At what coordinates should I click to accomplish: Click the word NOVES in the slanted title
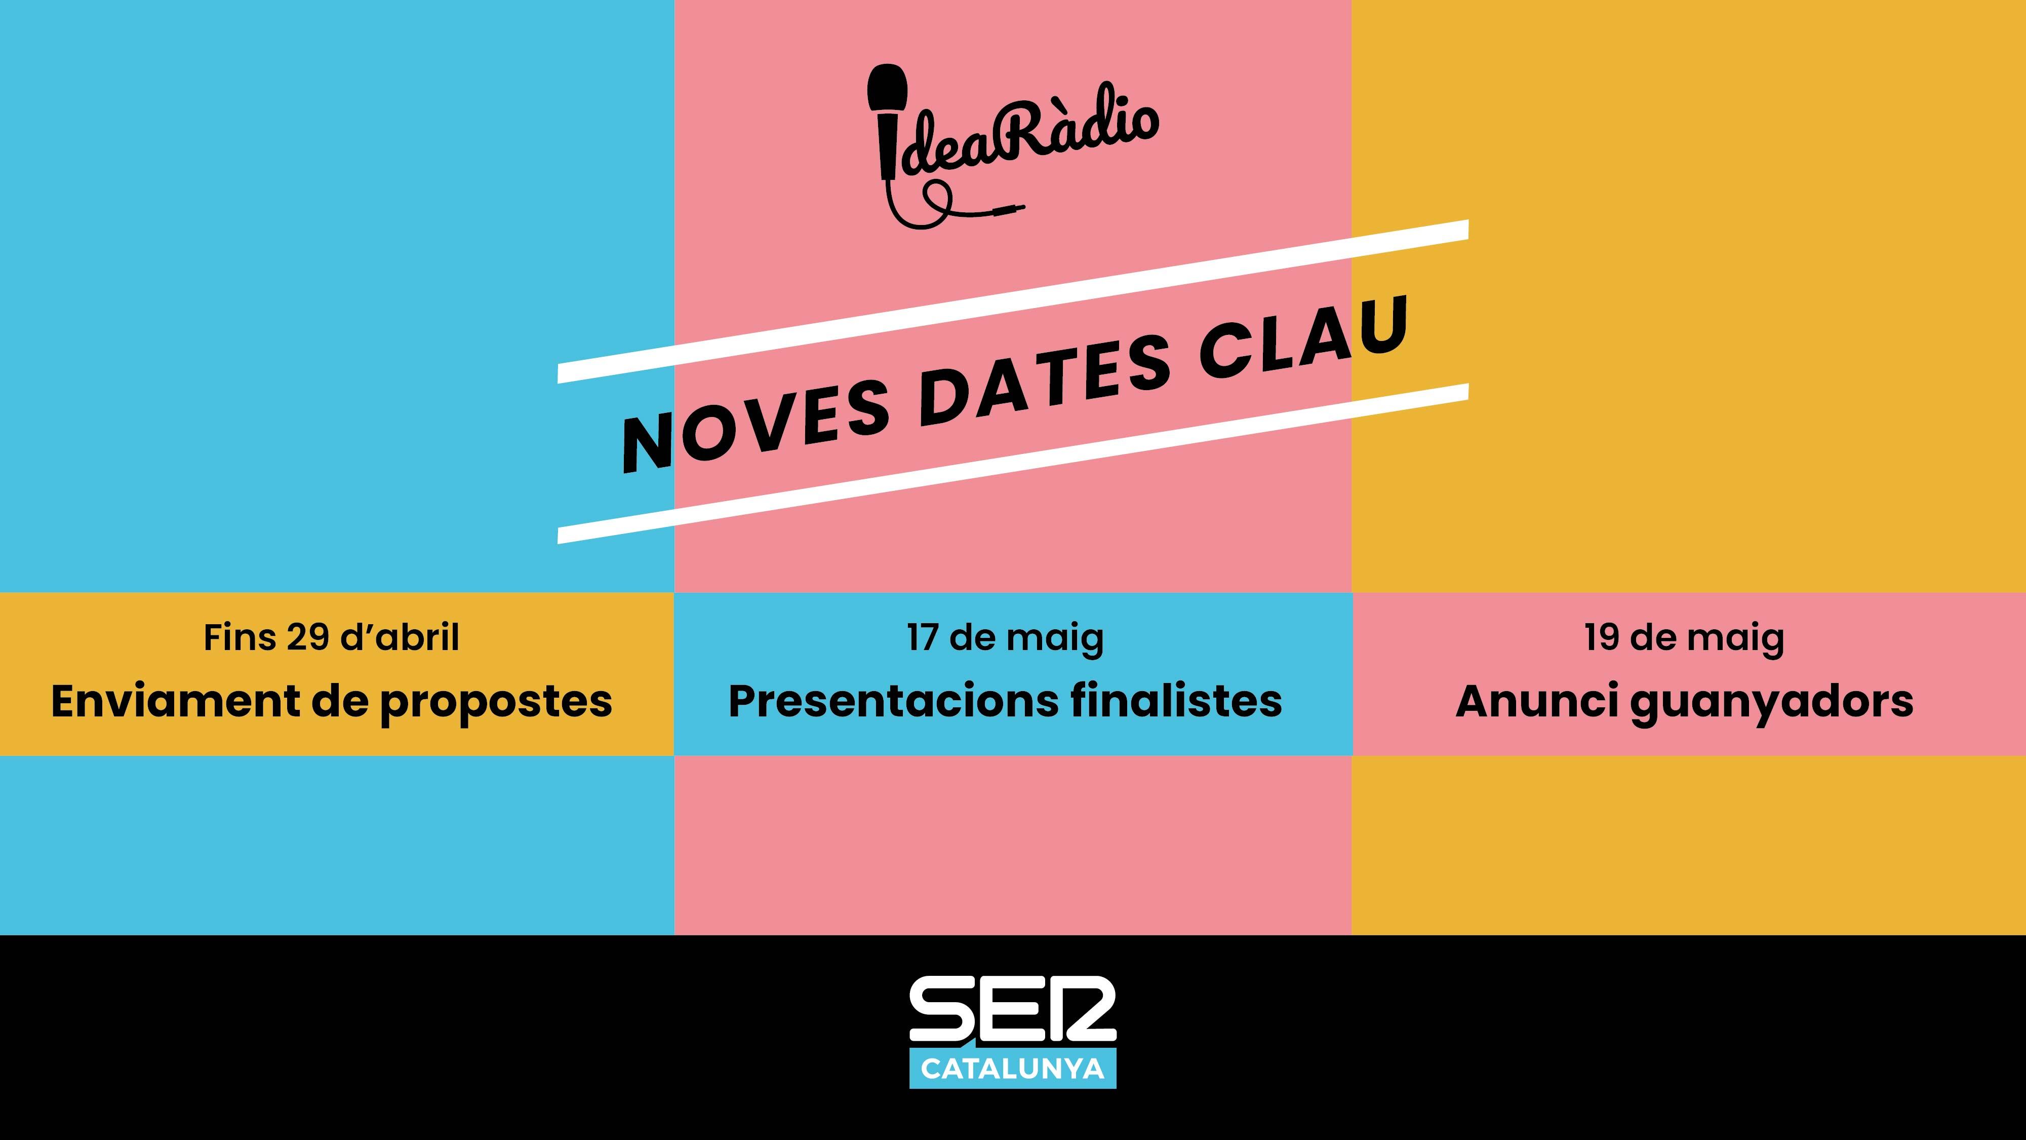753,429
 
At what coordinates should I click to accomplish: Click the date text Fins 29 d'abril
331,637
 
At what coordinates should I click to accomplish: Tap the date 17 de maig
1005,637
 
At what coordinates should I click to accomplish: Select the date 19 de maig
1684,637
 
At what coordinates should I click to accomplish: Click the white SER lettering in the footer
1012,1011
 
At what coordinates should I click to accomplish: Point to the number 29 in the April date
307,637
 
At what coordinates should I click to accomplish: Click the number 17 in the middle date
923,637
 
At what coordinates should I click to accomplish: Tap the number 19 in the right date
1601,637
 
